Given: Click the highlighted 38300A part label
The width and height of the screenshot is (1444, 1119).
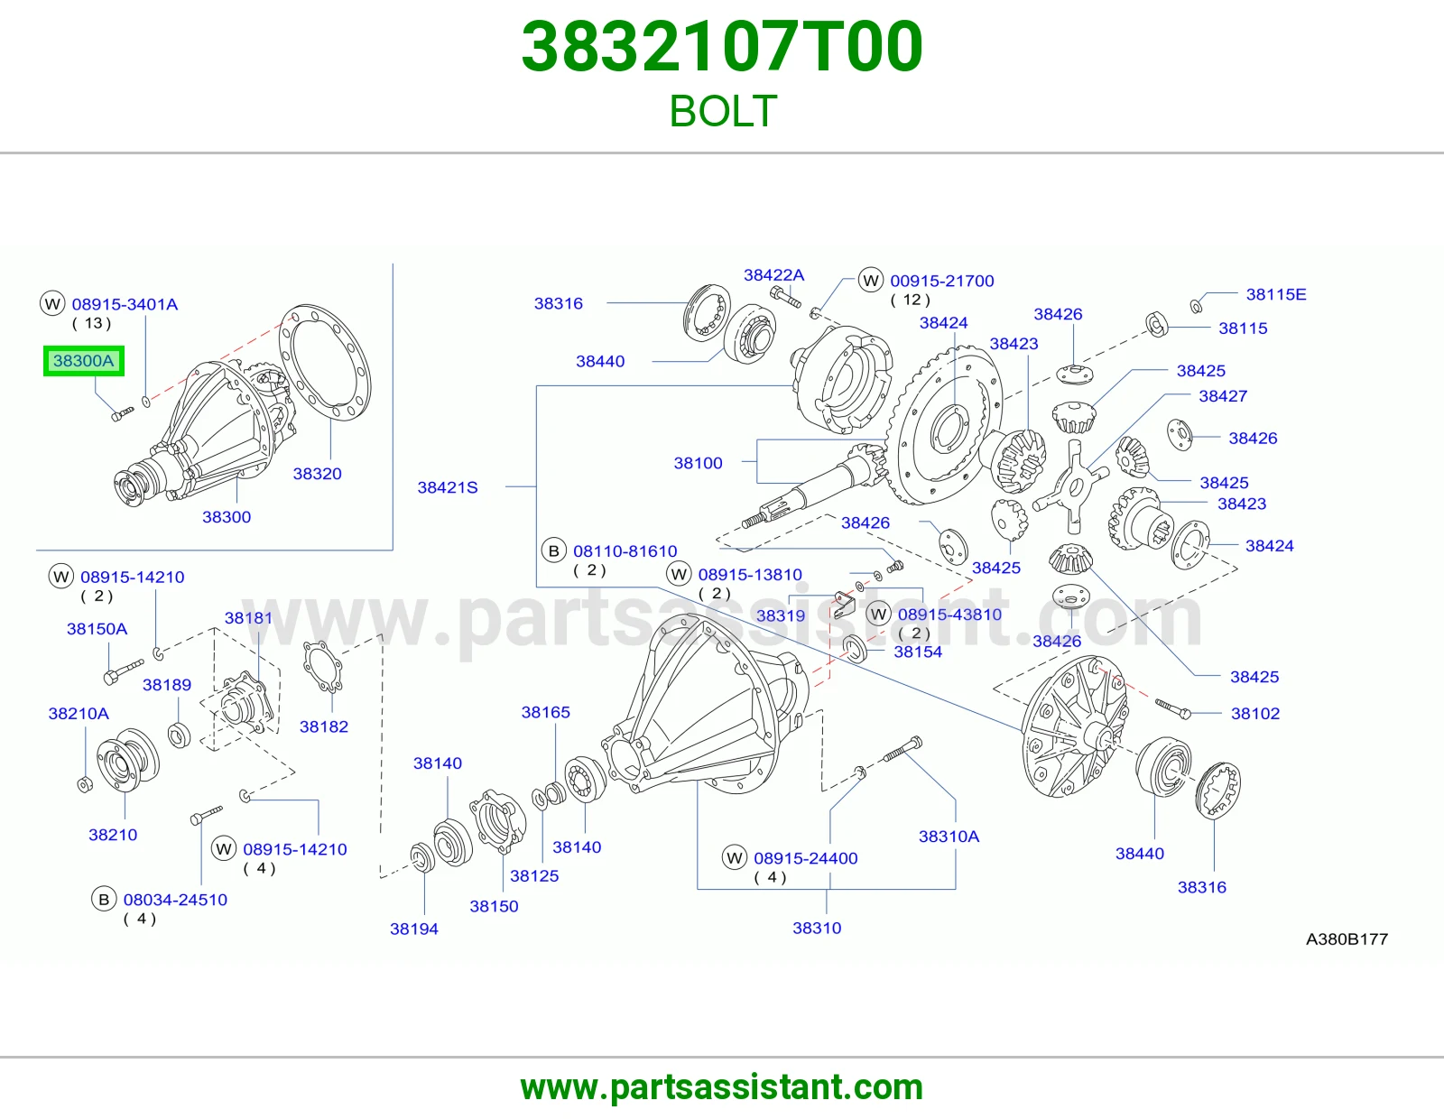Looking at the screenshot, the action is click(84, 361).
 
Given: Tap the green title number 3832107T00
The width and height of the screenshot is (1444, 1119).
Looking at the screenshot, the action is click(722, 47).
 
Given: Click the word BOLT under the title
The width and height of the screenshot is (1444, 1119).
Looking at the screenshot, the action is click(723, 111).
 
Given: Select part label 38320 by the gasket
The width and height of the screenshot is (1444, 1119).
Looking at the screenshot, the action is click(317, 474).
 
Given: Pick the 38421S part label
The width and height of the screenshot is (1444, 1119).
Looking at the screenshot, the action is click(448, 487).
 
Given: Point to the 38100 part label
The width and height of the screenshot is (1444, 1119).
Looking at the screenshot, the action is click(698, 463).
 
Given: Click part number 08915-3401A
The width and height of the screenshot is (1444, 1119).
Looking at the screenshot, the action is click(125, 304).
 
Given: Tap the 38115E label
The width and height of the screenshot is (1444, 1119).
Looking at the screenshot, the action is click(1276, 294).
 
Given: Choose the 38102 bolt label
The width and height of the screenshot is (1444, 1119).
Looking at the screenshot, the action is click(1255, 713).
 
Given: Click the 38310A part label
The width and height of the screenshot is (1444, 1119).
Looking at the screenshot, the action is click(949, 836).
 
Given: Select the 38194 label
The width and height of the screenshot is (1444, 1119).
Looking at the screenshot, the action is click(414, 929).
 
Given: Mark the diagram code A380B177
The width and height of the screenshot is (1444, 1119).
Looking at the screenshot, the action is click(1347, 939).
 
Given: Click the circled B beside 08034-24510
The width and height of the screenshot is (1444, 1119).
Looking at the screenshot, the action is click(104, 900).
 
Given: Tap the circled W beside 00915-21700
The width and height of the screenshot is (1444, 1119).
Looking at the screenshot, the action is click(871, 280).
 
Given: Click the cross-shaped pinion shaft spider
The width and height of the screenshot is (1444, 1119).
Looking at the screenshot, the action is click(1071, 486).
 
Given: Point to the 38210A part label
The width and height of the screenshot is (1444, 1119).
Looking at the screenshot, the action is click(79, 713).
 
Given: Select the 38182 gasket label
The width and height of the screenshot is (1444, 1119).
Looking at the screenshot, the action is click(324, 726).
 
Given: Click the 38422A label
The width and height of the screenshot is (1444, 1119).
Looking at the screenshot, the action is click(773, 275).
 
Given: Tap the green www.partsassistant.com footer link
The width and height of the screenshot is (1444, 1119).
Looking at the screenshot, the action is click(722, 1087).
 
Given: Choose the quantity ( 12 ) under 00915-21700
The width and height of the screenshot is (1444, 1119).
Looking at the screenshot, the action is click(910, 300).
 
